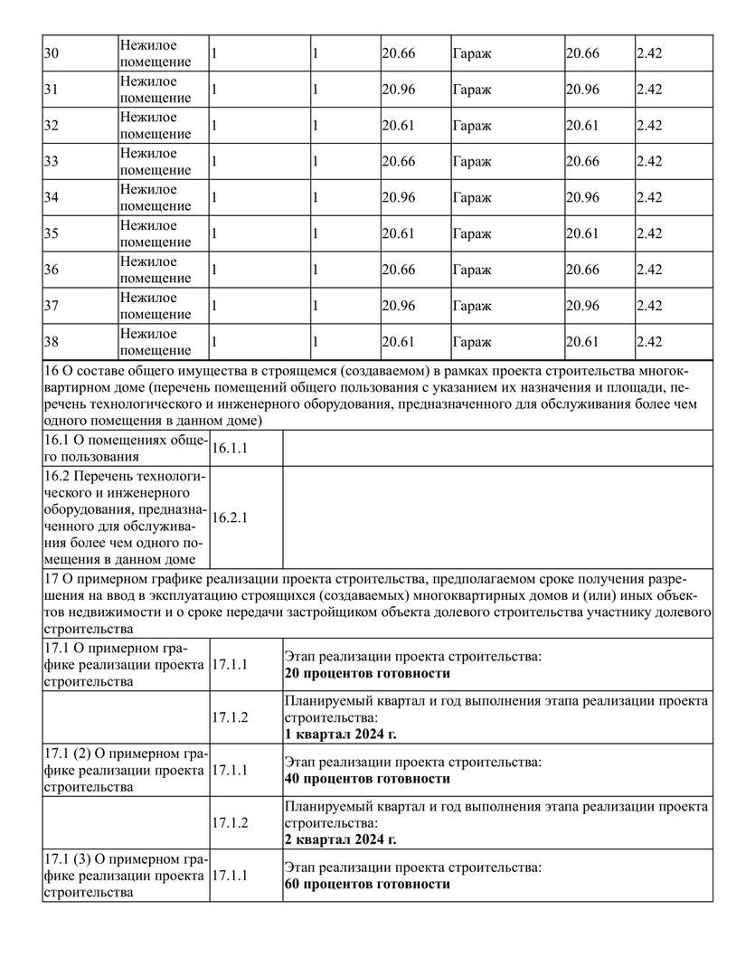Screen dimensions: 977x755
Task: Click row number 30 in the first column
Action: point(52,53)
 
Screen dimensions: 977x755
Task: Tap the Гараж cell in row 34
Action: point(471,198)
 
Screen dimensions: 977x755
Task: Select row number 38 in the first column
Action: point(52,342)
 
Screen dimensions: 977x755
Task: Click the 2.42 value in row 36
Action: point(649,270)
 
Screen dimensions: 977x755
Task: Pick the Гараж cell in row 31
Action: point(471,90)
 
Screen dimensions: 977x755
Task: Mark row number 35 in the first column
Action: point(52,233)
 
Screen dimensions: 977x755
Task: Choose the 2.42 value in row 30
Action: point(649,53)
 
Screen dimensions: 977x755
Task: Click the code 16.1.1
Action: point(230,448)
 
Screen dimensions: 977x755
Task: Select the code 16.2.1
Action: point(230,518)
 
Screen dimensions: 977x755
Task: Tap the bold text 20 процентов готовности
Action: point(367,674)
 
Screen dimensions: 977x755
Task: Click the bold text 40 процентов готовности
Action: point(367,778)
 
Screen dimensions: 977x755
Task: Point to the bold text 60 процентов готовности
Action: point(367,884)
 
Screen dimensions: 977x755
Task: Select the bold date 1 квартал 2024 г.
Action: point(340,735)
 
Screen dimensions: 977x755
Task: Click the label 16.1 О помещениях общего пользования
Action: point(125,448)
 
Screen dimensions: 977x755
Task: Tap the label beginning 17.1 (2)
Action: point(125,770)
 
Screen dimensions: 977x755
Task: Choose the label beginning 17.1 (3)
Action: point(125,876)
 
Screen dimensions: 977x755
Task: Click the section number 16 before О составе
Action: point(51,371)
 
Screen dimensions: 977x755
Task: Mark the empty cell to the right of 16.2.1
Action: point(497,518)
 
